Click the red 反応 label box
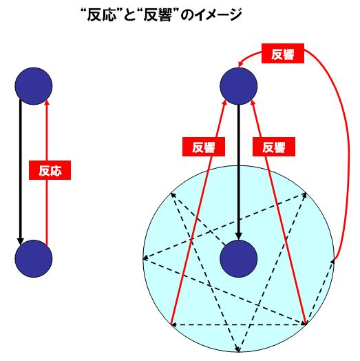tap(50, 170)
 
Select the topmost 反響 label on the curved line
tap(283, 54)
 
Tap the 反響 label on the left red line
tap(204, 147)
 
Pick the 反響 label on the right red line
tap(274, 147)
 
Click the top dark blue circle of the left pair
tap(34, 86)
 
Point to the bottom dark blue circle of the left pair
tap(34, 258)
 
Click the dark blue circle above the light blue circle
tap(239, 86)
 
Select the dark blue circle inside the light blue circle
tap(239, 258)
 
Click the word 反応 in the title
tap(100, 15)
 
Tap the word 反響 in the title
tap(158, 15)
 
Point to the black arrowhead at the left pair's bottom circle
tap(21, 241)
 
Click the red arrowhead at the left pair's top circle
tap(47, 103)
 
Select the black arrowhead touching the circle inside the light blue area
tap(239, 236)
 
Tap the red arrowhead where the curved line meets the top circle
tap(240, 64)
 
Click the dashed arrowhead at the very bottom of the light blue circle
tap(238, 349)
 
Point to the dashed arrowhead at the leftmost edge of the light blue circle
tap(146, 258)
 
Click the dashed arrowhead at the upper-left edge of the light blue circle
tap(173, 195)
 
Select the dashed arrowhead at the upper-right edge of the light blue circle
tap(304, 195)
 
